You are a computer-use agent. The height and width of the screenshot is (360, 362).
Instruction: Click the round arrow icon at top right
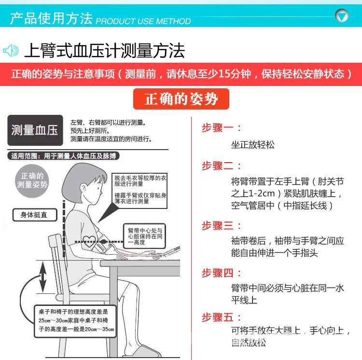(x=342, y=16)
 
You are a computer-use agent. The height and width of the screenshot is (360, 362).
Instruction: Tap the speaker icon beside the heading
(x=11, y=50)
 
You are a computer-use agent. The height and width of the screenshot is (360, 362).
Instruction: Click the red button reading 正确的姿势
(x=181, y=99)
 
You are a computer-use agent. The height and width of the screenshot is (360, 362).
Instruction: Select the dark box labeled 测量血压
(x=35, y=130)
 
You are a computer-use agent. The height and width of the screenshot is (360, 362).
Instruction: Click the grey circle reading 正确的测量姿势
(x=32, y=180)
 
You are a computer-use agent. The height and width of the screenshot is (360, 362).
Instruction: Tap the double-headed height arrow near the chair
(x=43, y=277)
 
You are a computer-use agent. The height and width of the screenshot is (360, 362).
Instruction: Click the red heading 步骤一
(x=221, y=128)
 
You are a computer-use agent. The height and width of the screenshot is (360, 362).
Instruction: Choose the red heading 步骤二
(x=221, y=166)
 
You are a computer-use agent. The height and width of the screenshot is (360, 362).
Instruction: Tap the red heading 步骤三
(x=221, y=225)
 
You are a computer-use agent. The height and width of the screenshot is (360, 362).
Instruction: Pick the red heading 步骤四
(x=221, y=273)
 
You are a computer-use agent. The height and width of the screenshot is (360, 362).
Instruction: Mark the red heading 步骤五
(x=221, y=317)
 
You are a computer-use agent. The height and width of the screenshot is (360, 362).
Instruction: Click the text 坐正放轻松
(x=253, y=144)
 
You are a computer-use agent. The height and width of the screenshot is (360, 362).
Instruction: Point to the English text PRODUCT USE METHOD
(x=143, y=21)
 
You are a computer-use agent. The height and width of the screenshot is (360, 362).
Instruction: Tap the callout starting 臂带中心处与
(x=144, y=237)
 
